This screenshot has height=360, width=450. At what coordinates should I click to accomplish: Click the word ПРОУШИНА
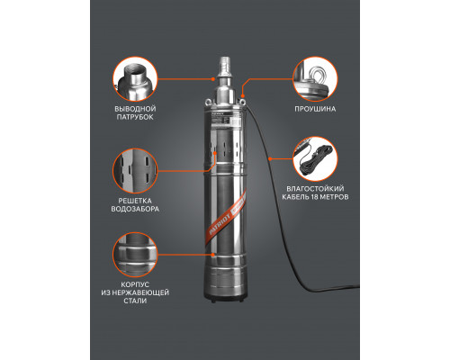pos(315,109)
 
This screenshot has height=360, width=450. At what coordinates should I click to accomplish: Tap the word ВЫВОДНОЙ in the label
pos(135,109)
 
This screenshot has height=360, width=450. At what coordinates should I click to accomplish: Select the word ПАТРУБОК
pos(135,117)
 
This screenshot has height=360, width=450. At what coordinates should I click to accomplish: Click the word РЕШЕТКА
pos(135,201)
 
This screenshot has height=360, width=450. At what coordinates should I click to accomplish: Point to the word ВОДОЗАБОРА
pos(135,209)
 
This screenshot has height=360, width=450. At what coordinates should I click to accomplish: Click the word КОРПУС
pos(135,284)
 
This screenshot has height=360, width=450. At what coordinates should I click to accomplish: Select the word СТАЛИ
pos(135,301)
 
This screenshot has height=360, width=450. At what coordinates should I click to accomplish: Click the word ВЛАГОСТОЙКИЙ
pos(315,189)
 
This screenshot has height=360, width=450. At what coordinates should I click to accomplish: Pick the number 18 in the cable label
pos(314,197)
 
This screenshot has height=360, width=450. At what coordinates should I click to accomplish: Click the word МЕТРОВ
pos(334,197)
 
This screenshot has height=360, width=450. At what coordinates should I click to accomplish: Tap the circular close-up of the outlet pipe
pos(135,79)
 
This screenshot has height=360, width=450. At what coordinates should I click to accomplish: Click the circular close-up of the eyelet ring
pos(315,79)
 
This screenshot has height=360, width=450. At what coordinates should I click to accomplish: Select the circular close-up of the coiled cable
pos(315,159)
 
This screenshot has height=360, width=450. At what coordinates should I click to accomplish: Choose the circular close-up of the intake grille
pos(135,171)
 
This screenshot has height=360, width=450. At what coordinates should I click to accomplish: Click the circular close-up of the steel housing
pos(135,255)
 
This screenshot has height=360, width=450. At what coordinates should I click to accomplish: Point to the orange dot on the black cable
pos(270,158)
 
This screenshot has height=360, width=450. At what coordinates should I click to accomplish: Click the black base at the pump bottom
pos(226,300)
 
